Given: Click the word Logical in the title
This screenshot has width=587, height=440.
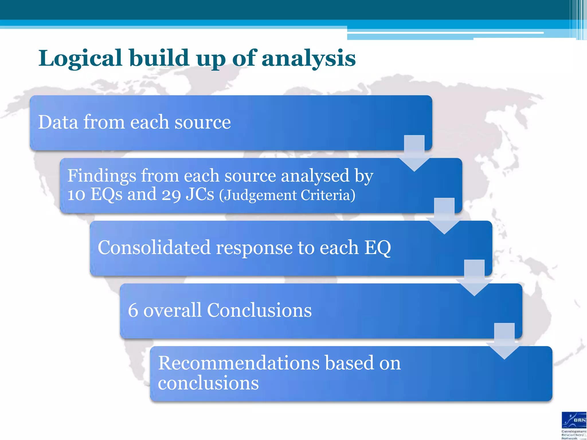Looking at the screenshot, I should click(81, 58).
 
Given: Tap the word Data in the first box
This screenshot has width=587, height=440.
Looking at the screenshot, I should click(58, 122).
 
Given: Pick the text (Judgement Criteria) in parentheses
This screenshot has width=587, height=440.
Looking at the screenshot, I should click(287, 195).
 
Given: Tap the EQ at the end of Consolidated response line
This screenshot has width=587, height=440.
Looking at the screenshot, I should click(377, 247).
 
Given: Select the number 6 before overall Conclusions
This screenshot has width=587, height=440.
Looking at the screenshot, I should click(133, 311).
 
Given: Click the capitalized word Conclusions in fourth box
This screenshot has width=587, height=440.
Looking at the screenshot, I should click(259, 311).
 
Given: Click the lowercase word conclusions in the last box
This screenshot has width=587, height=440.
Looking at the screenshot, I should click(208, 383).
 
